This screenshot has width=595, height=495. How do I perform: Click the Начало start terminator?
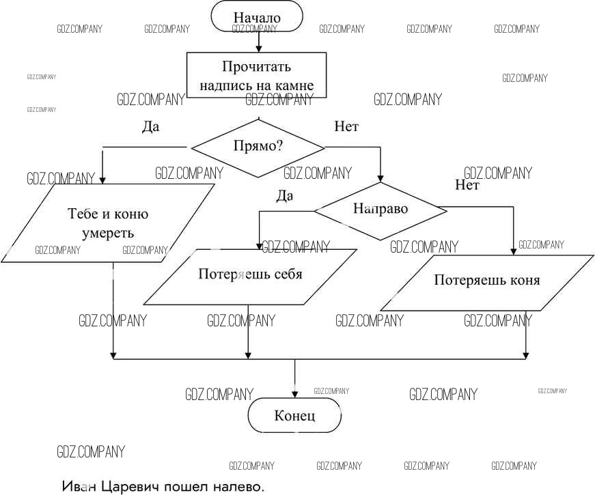(x=257, y=16)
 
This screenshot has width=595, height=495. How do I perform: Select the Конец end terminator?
(x=294, y=415)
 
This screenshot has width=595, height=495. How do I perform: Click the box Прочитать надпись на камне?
(x=257, y=76)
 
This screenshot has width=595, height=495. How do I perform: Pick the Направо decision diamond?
(x=380, y=209)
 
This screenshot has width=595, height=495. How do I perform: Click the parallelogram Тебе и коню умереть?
(x=108, y=223)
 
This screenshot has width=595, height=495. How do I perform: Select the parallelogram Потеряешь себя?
(x=250, y=274)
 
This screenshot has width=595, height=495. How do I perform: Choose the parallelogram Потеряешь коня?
(x=486, y=280)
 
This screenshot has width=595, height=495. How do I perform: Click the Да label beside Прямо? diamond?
(x=150, y=126)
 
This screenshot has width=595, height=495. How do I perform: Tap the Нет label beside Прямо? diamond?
(x=346, y=126)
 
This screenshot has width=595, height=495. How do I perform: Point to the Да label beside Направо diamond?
(x=284, y=196)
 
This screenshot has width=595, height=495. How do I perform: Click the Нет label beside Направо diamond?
(x=467, y=185)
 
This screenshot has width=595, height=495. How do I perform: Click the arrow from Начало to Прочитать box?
(x=258, y=42)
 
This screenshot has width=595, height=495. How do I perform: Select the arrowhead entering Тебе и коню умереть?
(x=102, y=180)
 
